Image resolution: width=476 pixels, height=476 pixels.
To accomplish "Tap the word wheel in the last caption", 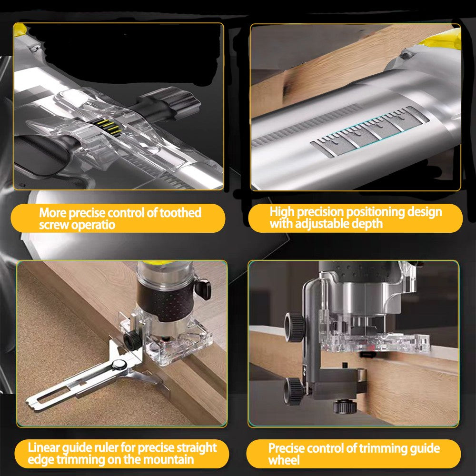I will point(284,460).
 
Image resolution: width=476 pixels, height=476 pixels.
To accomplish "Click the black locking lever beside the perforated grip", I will point(204,288).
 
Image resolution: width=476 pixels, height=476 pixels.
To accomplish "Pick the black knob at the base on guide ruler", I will point(132,339).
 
